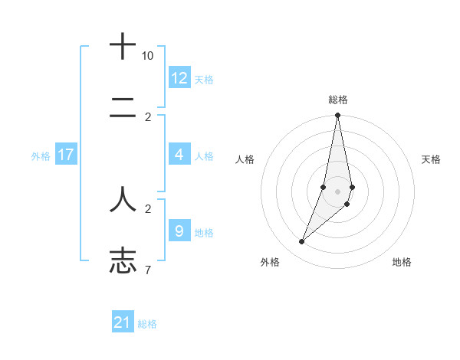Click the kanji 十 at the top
click(123, 47)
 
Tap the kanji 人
click(123, 200)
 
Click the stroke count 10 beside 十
click(147, 56)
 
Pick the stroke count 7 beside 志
click(148, 270)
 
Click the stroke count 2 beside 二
click(148, 117)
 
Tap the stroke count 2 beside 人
click(148, 208)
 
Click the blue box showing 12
click(179, 78)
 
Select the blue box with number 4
click(179, 155)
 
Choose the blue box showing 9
click(179, 231)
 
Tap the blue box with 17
click(66, 155)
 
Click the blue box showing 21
click(123, 322)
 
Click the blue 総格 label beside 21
click(147, 324)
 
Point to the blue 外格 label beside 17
click(41, 156)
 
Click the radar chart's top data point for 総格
click(337, 116)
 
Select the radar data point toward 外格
click(301, 242)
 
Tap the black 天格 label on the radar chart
click(431, 159)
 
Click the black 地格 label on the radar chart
click(402, 262)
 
